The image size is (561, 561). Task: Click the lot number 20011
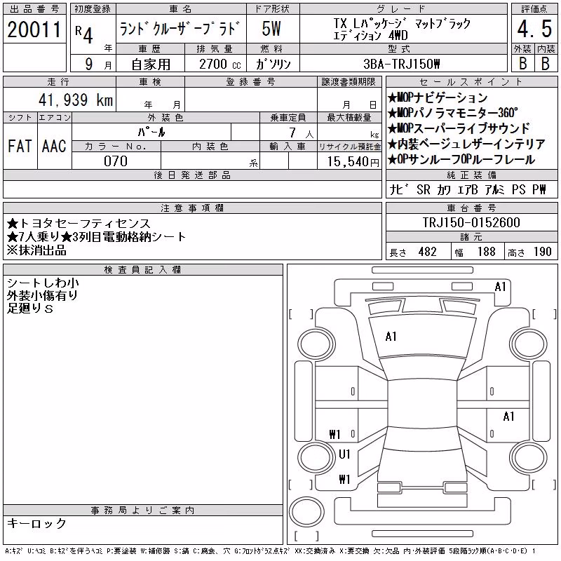34,29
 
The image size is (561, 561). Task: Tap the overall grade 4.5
534,29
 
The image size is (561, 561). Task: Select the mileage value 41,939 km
76,100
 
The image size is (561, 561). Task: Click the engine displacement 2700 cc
219,65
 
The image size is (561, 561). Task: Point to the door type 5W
271,29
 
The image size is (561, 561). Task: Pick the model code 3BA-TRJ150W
401,64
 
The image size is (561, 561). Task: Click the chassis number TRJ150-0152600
471,222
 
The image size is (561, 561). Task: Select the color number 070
116,161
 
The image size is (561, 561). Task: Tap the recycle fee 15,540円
353,162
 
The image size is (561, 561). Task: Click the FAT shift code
20,146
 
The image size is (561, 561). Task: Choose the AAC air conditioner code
54,146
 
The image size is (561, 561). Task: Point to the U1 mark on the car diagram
344,454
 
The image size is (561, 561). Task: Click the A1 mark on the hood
391,337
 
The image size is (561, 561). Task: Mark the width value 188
486,252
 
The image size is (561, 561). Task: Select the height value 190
542,252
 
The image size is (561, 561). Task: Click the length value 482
428,252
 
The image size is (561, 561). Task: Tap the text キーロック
36,523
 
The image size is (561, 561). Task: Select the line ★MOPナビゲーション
438,97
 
